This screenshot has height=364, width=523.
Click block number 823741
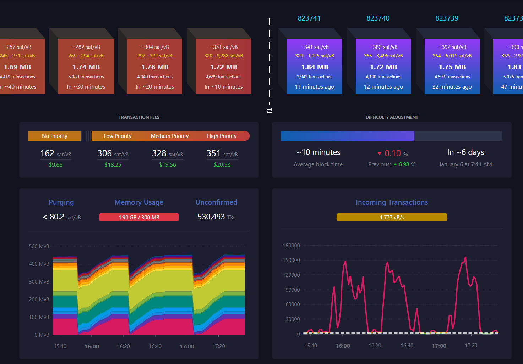click(x=309, y=18)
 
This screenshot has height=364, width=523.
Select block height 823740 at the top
click(x=378, y=18)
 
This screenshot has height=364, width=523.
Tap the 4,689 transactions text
click(x=223, y=77)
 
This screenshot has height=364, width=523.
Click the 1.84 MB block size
click(x=315, y=67)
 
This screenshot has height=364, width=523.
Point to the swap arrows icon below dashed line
click(x=269, y=111)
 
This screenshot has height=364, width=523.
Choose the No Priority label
click(x=55, y=136)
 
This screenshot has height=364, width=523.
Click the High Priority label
click(x=222, y=136)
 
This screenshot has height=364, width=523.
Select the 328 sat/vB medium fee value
click(x=167, y=153)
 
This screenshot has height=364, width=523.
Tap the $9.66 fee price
click(x=56, y=165)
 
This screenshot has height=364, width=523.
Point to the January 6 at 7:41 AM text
click(x=465, y=164)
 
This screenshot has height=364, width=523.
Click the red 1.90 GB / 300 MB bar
click(x=139, y=217)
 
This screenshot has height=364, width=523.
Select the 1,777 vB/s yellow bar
click(x=392, y=217)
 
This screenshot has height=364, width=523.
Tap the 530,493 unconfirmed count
click(x=211, y=217)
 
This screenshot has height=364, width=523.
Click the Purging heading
click(x=61, y=202)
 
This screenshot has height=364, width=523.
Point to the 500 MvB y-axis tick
click(x=39, y=246)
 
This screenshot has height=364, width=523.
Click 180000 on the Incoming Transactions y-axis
click(x=291, y=245)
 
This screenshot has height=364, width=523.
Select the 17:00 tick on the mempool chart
click(x=187, y=346)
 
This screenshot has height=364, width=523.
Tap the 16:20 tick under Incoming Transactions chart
click(x=375, y=345)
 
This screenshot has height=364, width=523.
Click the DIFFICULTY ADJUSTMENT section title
click(x=392, y=117)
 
